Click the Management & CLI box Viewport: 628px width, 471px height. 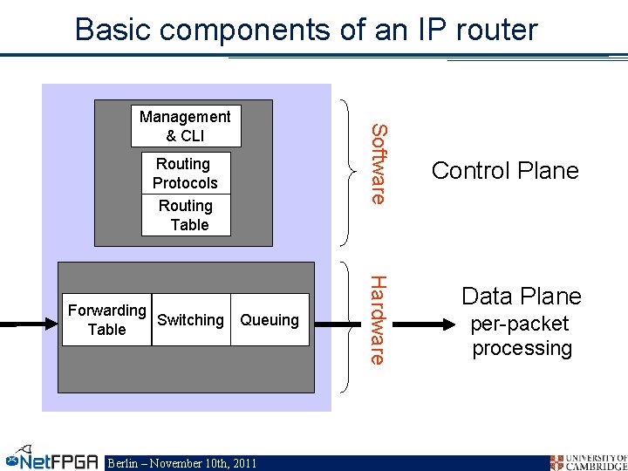click(x=185, y=126)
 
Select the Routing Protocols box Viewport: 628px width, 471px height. click(x=186, y=174)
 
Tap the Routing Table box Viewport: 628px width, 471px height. click(x=186, y=215)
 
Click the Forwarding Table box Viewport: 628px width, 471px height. click(x=107, y=320)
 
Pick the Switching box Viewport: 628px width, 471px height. click(x=190, y=320)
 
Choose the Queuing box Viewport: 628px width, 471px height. click(x=270, y=320)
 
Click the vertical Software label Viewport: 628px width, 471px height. click(x=378, y=164)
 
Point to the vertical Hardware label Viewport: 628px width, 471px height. click(x=378, y=319)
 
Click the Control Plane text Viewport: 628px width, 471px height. click(x=505, y=170)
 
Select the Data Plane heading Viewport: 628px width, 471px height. click(x=521, y=297)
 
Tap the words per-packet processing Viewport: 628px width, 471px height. click(x=521, y=336)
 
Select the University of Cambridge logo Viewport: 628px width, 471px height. click(x=588, y=461)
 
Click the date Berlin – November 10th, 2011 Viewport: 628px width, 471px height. click(x=181, y=463)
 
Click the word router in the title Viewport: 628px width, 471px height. click(x=495, y=30)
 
